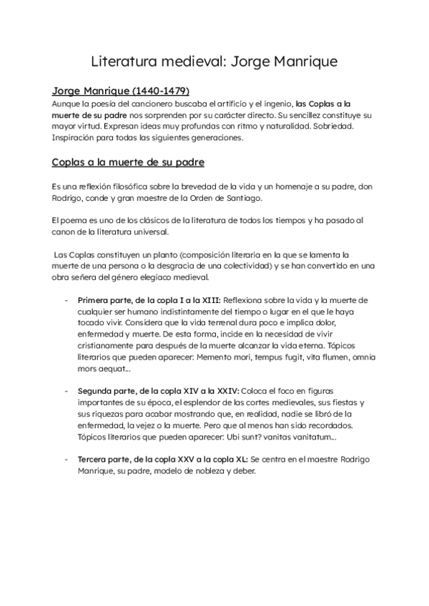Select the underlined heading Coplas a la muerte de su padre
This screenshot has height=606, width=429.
click(128, 162)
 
